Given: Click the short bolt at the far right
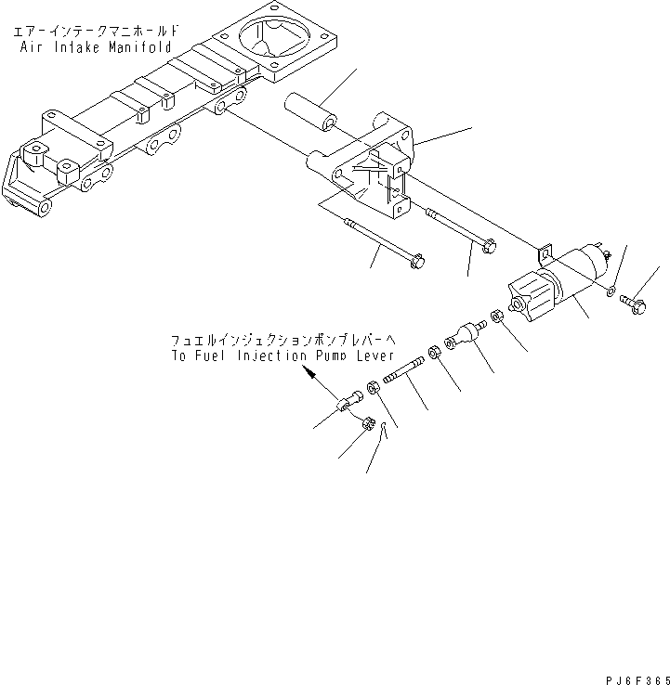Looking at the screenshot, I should pyautogui.click(x=637, y=303).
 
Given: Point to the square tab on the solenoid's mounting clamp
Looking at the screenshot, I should pyautogui.click(x=545, y=251).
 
